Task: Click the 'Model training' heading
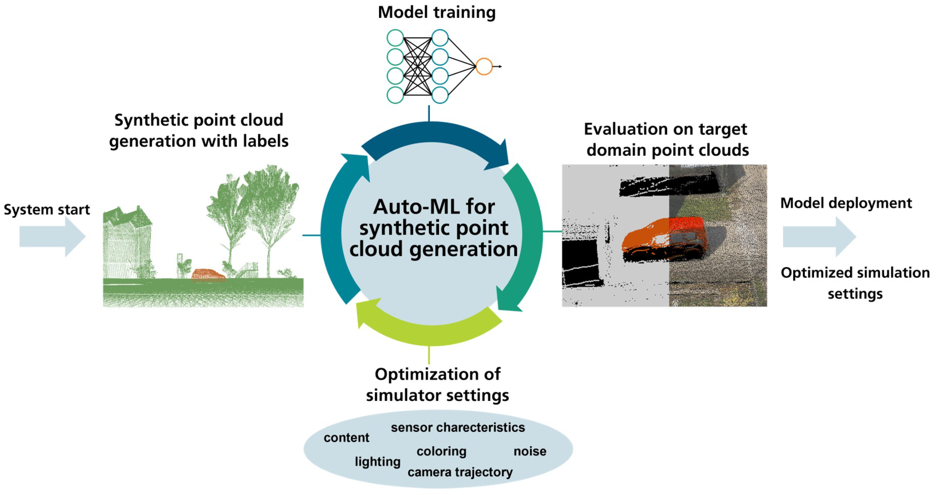(437, 12)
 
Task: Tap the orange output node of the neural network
(484, 67)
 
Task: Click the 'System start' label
(46, 210)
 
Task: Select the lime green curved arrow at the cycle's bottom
(429, 328)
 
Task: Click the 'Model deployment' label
(846, 203)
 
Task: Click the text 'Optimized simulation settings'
(855, 283)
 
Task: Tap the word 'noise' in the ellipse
(530, 451)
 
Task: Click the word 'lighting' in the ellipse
(378, 461)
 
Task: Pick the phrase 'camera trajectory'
(460, 472)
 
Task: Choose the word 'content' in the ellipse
(346, 437)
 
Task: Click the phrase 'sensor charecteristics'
(458, 427)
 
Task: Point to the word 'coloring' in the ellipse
(441, 451)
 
